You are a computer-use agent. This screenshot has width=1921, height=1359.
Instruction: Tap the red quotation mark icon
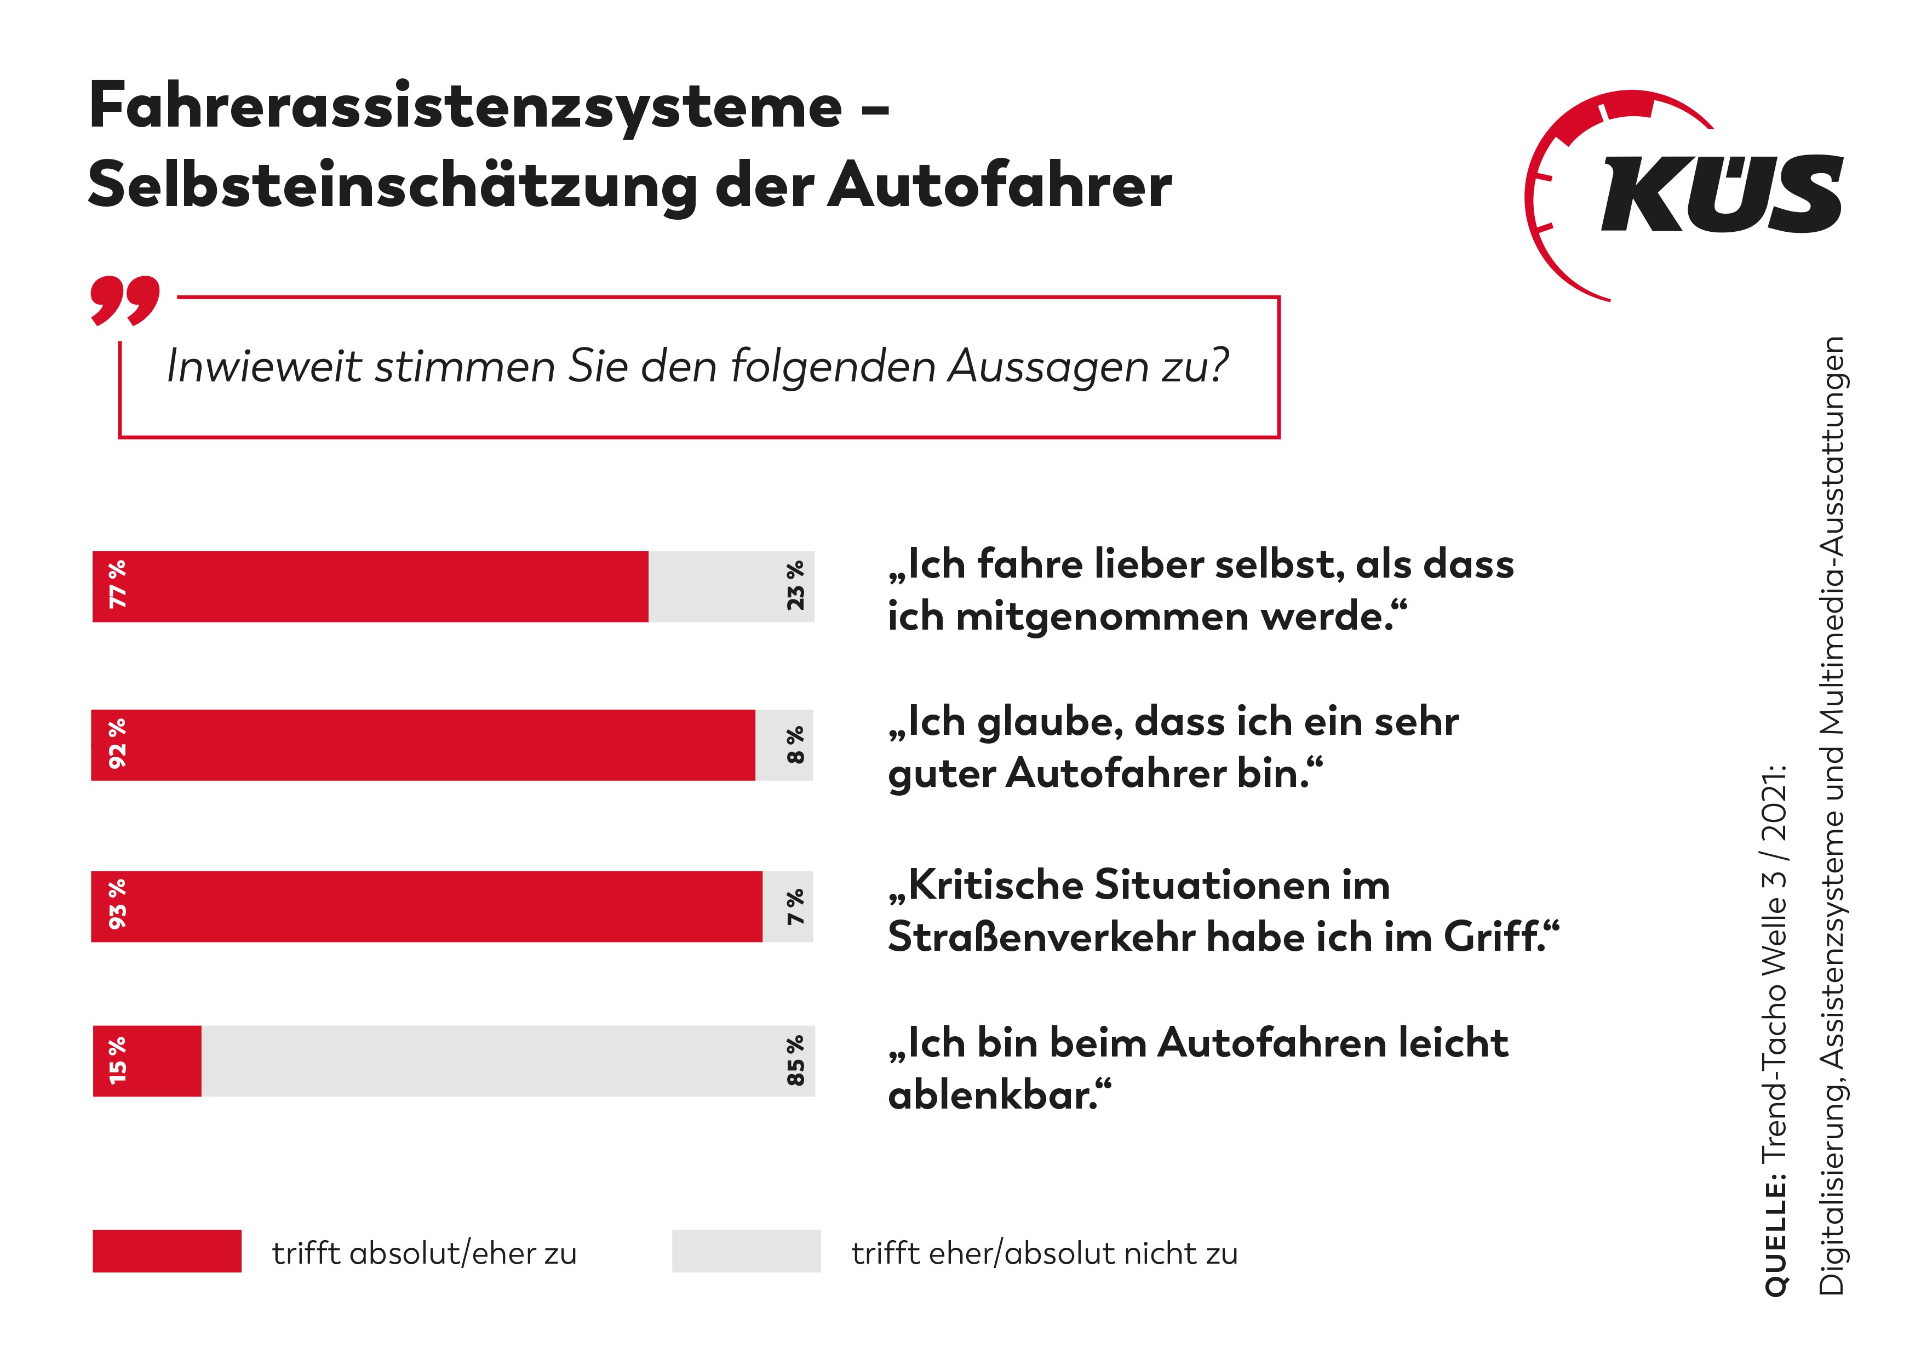click(x=125, y=300)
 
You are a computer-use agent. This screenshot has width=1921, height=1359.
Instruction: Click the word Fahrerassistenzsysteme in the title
click(x=465, y=107)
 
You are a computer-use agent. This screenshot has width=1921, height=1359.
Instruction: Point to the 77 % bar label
click(x=117, y=585)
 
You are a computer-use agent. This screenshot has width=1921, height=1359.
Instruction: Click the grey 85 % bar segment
click(x=502, y=1061)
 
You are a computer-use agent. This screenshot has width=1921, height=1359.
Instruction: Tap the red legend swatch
click(x=167, y=1251)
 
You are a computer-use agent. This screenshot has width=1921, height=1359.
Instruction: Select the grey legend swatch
click(x=746, y=1251)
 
